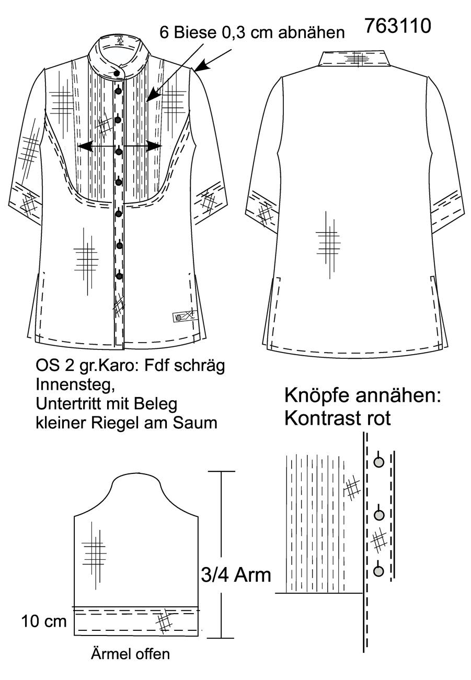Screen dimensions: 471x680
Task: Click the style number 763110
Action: [398, 26]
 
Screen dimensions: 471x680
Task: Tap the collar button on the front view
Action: [117, 73]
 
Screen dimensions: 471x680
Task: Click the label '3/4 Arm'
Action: [236, 575]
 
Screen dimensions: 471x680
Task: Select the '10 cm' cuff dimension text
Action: [44, 621]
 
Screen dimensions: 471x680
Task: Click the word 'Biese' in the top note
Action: [195, 32]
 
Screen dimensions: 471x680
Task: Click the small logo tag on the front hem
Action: [184, 317]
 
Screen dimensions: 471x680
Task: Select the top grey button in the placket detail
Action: [379, 462]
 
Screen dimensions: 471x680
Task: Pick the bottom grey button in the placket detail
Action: [379, 571]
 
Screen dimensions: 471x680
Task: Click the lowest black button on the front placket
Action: [119, 276]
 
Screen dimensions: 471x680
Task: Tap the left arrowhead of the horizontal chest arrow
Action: [84, 146]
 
